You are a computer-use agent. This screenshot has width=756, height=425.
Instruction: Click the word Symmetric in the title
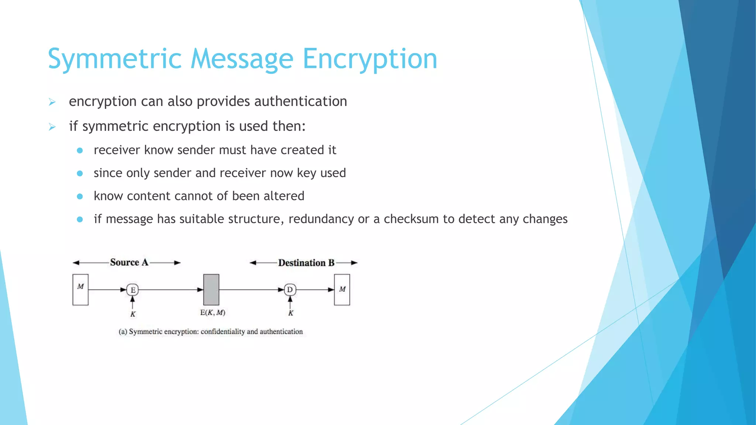(115, 59)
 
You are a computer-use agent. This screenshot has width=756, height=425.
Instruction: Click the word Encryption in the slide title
(370, 59)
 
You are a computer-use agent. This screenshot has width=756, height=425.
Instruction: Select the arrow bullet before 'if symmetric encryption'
(52, 127)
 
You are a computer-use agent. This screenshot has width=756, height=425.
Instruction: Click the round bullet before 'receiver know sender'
(80, 151)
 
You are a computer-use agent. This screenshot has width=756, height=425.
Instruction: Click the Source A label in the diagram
(129, 262)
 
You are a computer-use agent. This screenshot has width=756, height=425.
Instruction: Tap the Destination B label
(306, 263)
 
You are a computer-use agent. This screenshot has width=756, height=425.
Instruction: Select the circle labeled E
(133, 290)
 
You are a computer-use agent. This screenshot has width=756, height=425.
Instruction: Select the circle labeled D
(290, 290)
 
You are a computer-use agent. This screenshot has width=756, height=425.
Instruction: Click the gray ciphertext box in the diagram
(211, 290)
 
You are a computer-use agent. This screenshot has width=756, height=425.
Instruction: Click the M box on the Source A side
(80, 290)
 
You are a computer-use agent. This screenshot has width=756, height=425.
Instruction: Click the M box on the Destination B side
(342, 290)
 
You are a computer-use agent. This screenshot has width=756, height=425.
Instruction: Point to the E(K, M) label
(213, 313)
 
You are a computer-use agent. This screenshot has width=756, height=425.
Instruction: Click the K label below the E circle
(133, 314)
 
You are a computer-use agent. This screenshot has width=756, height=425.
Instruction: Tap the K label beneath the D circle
(291, 313)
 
